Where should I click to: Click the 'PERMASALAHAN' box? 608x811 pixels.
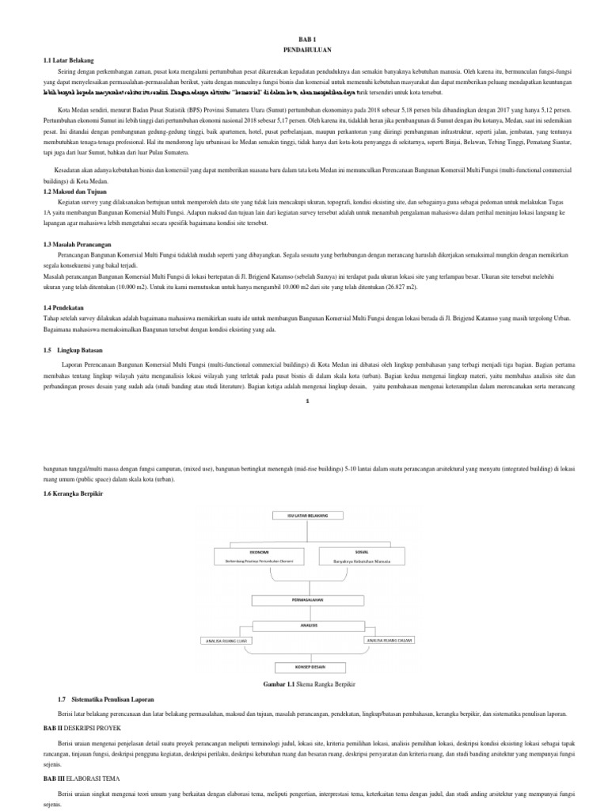click(305, 600)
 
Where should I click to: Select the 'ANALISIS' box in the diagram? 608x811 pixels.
click(305, 625)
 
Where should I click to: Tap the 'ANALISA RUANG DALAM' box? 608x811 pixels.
click(388, 638)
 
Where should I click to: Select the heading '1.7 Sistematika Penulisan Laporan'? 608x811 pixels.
click(108, 699)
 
